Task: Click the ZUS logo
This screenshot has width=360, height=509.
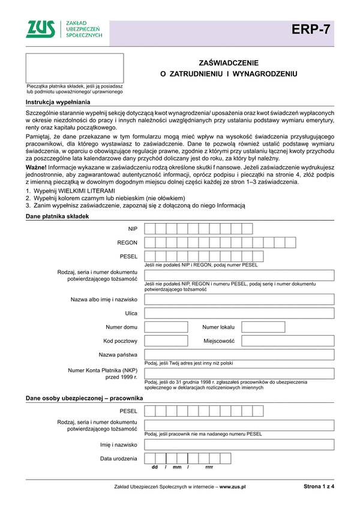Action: click(43, 29)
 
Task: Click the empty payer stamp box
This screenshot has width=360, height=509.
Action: click(74, 68)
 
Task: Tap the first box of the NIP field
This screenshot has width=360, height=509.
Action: click(150, 212)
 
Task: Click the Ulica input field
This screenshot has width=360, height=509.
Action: click(239, 313)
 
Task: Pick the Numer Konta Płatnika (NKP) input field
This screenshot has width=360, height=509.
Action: click(239, 374)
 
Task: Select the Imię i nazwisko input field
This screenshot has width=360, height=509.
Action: click(239, 445)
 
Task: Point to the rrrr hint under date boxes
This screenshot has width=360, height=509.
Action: click(209, 467)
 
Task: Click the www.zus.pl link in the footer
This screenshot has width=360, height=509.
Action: click(233, 487)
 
